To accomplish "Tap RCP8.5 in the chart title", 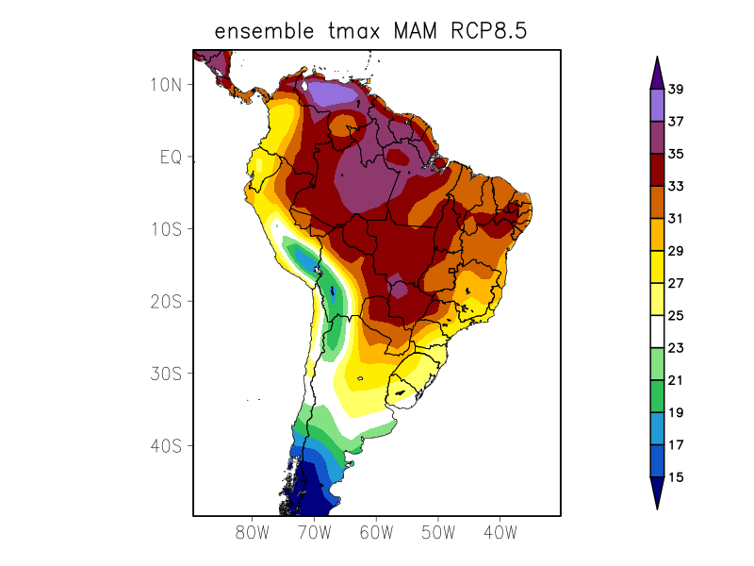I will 484,31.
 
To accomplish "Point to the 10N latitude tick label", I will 166,84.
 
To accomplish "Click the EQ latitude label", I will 170,157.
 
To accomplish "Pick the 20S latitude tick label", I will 166,301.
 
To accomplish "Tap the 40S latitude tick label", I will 166,445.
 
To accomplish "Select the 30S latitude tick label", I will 166,374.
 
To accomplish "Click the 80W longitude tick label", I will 253,532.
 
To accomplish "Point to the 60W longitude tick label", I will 376,532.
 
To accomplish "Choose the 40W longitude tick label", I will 500,532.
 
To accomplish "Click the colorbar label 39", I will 676,90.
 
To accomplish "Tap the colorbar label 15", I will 676,477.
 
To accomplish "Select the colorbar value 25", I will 676,316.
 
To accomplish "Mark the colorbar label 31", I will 676,219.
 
